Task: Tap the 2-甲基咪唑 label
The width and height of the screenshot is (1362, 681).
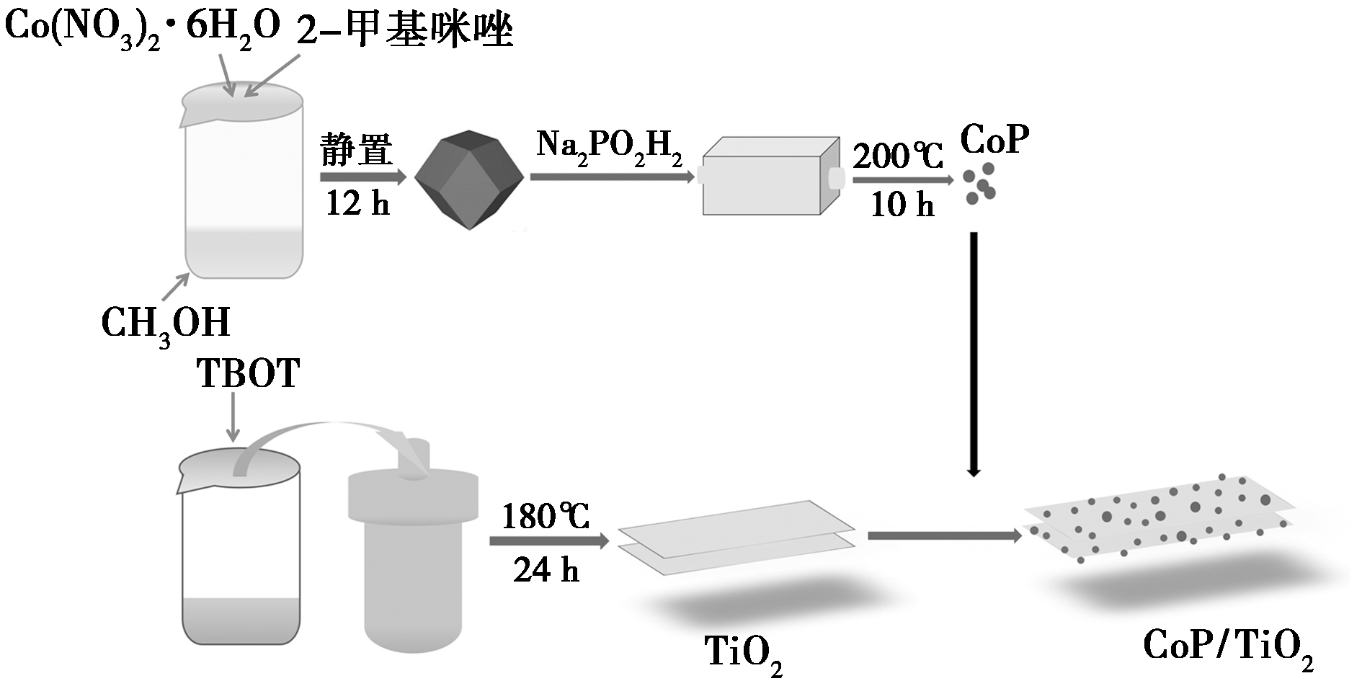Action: point(405,29)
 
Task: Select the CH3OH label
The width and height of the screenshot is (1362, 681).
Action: point(166,324)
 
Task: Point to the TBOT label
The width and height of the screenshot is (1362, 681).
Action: point(249,375)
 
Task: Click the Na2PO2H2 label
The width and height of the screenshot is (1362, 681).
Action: point(609,147)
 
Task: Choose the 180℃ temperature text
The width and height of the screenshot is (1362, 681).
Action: point(546,517)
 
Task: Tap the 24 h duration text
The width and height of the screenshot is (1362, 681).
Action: point(546,571)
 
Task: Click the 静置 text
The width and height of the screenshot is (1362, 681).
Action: point(357,151)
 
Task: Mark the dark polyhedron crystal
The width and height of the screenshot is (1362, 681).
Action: point(469,179)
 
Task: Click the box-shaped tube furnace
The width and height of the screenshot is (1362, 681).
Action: point(770,175)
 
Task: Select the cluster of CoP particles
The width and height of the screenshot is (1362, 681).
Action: point(980,182)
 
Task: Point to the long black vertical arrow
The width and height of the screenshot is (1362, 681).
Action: point(974,354)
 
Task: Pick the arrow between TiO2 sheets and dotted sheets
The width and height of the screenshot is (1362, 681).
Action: point(945,536)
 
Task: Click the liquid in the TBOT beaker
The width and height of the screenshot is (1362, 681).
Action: point(241,620)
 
